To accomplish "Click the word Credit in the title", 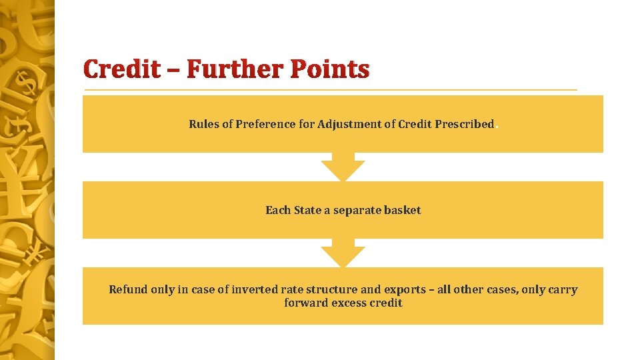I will (x=122, y=69).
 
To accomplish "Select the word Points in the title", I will (x=333, y=69).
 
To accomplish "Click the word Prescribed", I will (x=465, y=124).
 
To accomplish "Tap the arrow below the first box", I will (x=343, y=168).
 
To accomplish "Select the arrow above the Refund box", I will (x=343, y=255).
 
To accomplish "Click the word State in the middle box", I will (x=307, y=211).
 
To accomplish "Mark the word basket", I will (x=404, y=211).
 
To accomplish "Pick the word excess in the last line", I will (x=347, y=303).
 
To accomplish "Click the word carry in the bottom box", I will (x=563, y=290).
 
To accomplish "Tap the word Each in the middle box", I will (x=277, y=211).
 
